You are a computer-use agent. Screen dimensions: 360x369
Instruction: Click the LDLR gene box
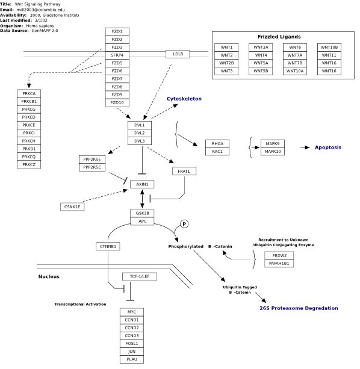coord(178,54)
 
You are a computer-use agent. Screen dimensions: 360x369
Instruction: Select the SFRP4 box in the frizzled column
coord(117,55)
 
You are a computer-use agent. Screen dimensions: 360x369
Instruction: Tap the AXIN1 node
coord(142,184)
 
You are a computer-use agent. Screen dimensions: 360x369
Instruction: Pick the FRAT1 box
coord(184,171)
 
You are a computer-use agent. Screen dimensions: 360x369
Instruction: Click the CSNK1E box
coord(72,206)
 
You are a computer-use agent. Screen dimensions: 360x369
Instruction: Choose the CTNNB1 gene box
coord(108,246)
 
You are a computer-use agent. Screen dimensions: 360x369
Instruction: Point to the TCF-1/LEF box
coord(140,276)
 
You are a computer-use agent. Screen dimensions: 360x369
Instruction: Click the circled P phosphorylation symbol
coord(184,224)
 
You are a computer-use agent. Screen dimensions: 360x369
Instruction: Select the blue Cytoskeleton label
coord(184,99)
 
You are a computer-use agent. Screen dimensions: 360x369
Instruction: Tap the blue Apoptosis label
coord(328,147)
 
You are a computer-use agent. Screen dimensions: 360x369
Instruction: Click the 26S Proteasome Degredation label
coord(299,308)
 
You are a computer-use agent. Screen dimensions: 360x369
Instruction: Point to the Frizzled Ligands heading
coord(279,37)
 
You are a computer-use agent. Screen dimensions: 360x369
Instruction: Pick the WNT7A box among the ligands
coord(295,55)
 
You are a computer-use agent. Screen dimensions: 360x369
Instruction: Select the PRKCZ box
coord(29,164)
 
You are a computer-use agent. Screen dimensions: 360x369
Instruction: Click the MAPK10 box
coord(273,151)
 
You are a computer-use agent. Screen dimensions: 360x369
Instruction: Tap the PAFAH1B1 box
coord(279,263)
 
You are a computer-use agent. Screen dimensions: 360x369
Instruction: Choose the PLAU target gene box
coord(132,359)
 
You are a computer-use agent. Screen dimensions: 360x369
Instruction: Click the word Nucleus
coord(49,276)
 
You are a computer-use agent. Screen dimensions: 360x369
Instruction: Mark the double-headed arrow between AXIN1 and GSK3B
coord(142,199)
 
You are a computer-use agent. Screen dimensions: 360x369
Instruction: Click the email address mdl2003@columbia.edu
coord(40,10)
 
